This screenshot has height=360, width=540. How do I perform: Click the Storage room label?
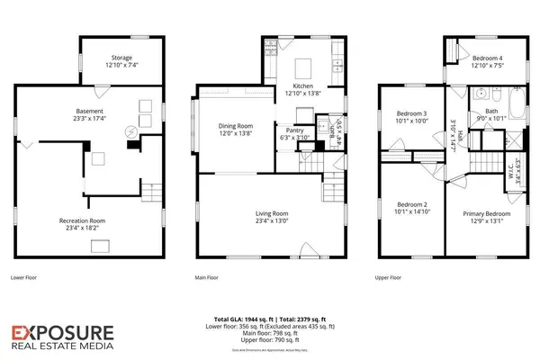(121, 58)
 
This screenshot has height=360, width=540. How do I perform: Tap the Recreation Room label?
(83, 220)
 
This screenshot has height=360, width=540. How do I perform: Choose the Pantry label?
(294, 130)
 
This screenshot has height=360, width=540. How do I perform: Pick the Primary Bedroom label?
(486, 213)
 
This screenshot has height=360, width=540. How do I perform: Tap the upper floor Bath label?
(490, 111)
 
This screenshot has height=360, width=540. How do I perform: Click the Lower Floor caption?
(25, 278)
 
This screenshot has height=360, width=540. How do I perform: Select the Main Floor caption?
(207, 278)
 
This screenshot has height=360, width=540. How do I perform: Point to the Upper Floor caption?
(389, 278)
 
